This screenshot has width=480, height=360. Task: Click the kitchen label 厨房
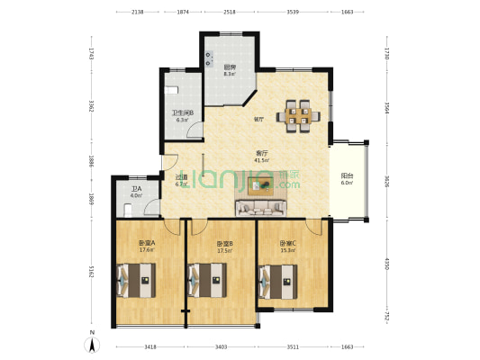230,67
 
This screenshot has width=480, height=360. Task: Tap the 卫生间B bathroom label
183,112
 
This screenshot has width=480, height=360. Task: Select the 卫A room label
136,189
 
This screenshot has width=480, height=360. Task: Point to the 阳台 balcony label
347,175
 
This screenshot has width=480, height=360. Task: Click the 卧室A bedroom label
148,243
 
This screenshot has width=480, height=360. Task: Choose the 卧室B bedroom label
225,243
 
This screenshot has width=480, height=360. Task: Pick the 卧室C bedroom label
287,243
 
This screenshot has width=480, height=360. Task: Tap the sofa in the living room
263,209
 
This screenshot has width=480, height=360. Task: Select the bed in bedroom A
137,281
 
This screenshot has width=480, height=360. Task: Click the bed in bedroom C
279,281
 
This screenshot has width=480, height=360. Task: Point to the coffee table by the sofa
264,185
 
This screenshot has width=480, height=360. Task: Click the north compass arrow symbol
91,342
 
